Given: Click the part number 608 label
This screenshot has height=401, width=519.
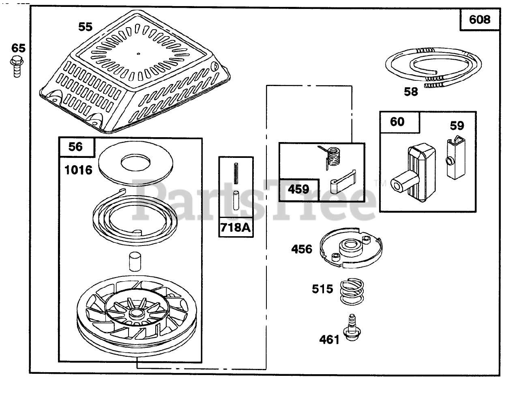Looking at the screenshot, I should click(x=480, y=20).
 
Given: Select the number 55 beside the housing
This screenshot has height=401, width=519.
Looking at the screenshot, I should click(x=85, y=28).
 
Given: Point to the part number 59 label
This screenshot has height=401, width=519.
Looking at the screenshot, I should click(x=457, y=126).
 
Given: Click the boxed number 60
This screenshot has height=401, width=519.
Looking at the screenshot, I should click(x=397, y=121).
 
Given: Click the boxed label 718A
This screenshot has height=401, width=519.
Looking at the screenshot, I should click(x=235, y=229).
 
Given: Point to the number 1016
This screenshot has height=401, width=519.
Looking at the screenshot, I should click(x=79, y=170).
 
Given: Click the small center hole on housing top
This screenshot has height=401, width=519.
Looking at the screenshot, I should click(x=138, y=53).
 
